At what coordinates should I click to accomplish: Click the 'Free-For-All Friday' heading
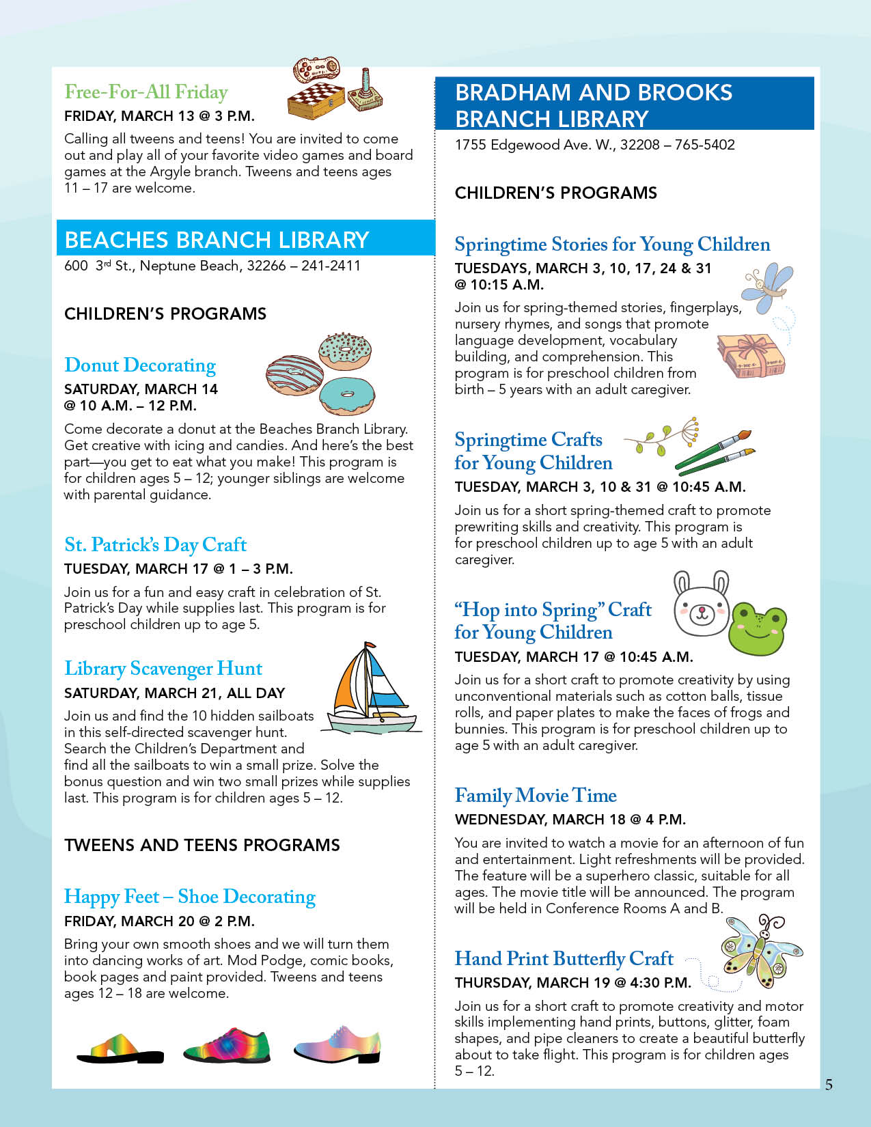point(146,92)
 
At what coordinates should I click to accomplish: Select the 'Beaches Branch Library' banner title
point(217,240)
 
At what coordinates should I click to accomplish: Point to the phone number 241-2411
point(331,266)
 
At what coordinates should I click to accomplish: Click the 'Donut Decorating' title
point(140,365)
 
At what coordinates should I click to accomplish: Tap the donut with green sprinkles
point(346,352)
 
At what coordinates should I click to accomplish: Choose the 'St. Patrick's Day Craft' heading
point(155,545)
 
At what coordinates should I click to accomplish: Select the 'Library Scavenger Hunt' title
point(163,669)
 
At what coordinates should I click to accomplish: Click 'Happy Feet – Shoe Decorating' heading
point(190,897)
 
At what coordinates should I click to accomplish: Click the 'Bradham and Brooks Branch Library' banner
point(593,105)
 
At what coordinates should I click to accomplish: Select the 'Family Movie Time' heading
point(536,796)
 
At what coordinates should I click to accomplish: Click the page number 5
point(829,1085)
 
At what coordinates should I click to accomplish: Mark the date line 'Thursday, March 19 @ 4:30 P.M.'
point(572,983)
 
